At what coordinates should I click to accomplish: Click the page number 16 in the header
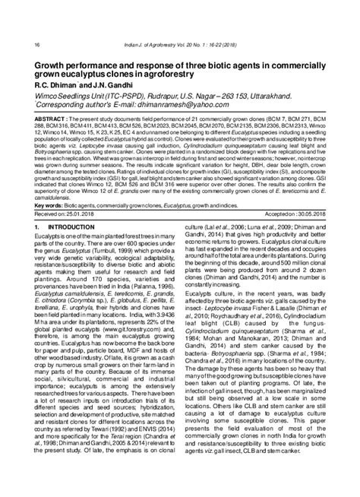(16, 45)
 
